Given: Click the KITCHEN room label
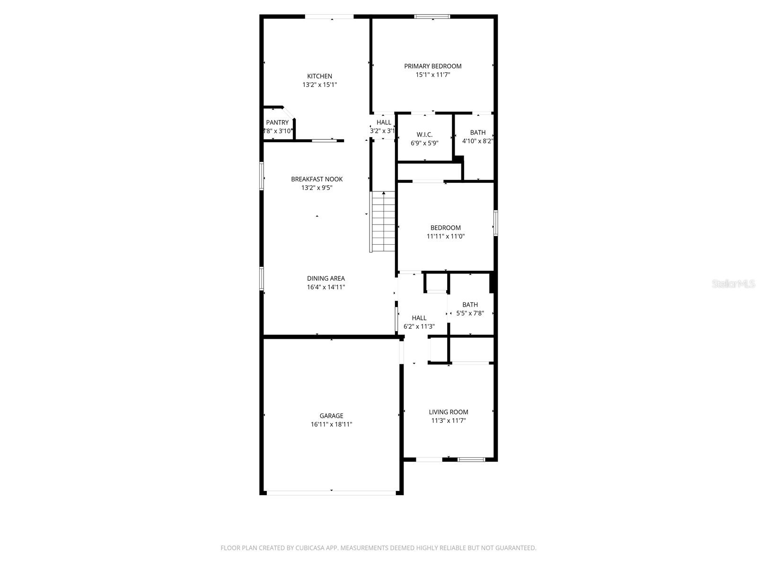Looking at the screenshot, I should coord(320,76).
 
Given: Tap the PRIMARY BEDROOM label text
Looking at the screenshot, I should coord(432,66).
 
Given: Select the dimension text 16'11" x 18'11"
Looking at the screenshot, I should coord(331,424).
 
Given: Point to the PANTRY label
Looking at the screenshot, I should coord(277,122).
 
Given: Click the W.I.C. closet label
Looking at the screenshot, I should coord(424,135).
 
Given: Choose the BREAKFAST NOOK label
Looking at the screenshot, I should coord(317,179).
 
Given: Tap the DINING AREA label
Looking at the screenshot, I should coord(326,278).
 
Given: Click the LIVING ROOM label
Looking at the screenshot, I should coord(449,412).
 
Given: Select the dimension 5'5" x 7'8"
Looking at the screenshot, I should coord(470,313).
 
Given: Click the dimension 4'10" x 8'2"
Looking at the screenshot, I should coord(478,141).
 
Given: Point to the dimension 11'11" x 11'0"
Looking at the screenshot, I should coord(446,236).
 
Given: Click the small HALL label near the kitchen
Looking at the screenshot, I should coord(384,122).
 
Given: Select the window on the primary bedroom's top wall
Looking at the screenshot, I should coord(432,17).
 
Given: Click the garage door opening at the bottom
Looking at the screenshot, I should coord(331,492).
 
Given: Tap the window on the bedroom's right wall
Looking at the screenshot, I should coord(495,223).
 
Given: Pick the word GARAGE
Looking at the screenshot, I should coord(331,416).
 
